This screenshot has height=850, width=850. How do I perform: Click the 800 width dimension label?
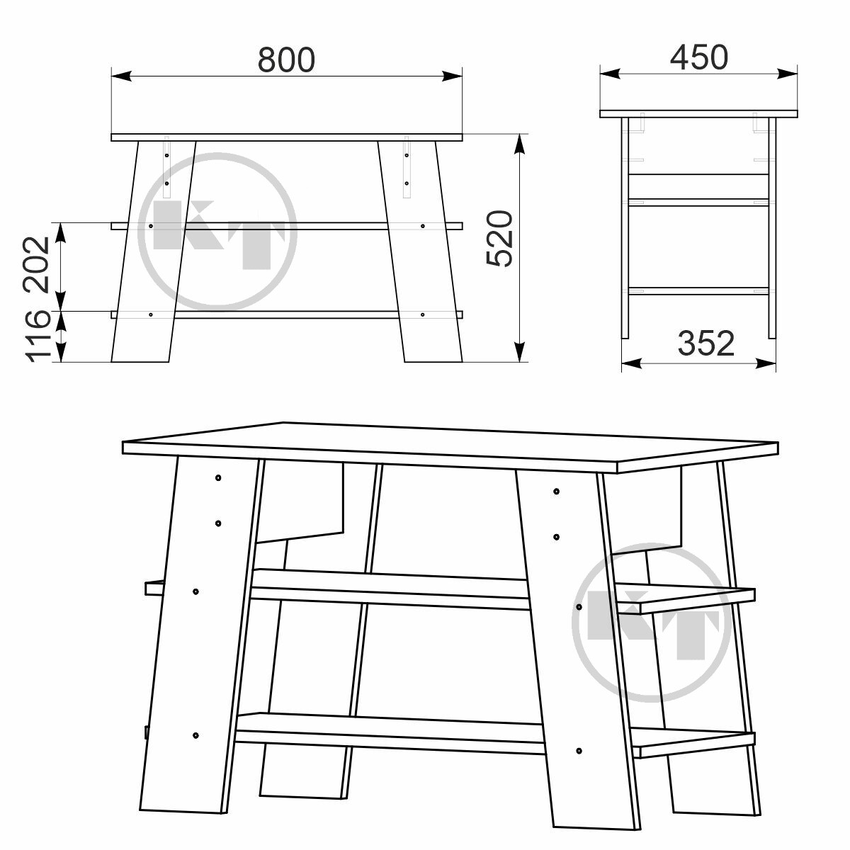pyautogui.click(x=286, y=59)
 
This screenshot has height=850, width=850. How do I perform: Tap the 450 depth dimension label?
pyautogui.click(x=698, y=57)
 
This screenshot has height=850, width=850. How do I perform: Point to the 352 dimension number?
pyautogui.click(x=705, y=343)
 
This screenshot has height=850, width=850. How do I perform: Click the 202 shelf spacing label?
pyautogui.click(x=37, y=265)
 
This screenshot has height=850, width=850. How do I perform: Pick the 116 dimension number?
pyautogui.click(x=38, y=336)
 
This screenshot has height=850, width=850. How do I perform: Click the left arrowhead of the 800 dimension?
pyautogui.click(x=121, y=76)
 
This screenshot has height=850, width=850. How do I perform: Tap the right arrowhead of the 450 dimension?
pyautogui.click(x=788, y=74)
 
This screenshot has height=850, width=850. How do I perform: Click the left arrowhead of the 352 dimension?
pyautogui.click(x=631, y=363)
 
